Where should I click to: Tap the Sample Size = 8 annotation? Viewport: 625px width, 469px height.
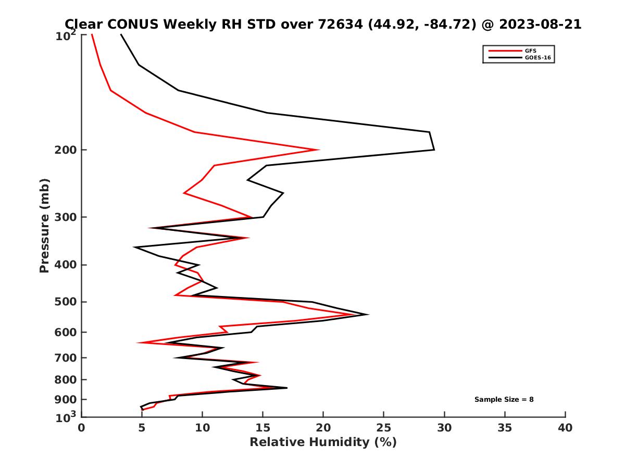(x=504, y=400)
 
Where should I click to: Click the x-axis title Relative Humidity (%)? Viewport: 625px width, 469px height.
(x=323, y=442)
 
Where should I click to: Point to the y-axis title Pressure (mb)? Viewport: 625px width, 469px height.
(x=44, y=225)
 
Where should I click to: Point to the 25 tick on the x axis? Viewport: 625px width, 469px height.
(x=384, y=428)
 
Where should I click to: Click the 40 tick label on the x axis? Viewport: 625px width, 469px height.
(x=565, y=428)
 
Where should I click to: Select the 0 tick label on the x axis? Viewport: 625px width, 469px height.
(x=81, y=428)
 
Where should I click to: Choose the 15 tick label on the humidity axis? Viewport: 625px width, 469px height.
(x=262, y=428)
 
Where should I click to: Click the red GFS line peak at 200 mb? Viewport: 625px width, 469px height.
(x=318, y=150)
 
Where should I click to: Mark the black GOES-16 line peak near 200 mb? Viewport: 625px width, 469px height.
(x=434, y=150)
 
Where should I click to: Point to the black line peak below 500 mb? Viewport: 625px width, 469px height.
(x=368, y=314)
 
